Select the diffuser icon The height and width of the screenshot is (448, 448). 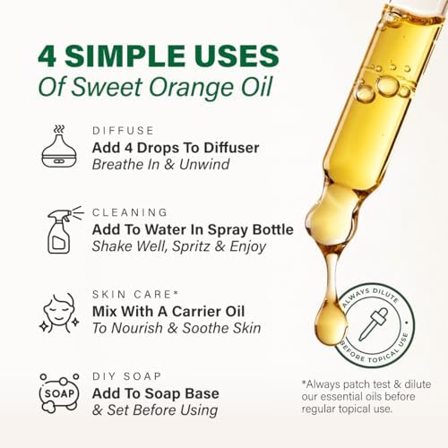pyautogui.click(x=60, y=145)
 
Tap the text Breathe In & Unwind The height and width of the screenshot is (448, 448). pyautogui.click(x=165, y=164)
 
